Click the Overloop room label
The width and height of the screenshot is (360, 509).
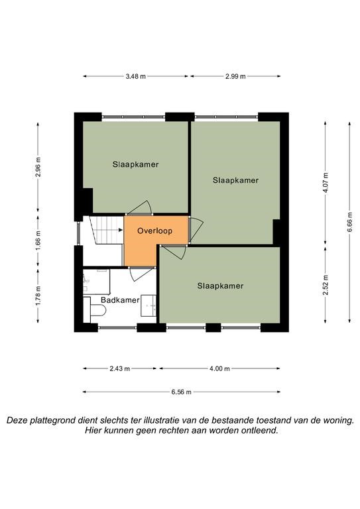click(154, 231)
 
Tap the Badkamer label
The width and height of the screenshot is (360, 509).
click(120, 300)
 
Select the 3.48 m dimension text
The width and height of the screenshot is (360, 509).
click(136, 76)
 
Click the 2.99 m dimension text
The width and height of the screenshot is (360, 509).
click(235, 76)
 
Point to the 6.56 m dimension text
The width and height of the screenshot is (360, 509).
click(182, 392)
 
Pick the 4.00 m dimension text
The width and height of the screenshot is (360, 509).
click(219, 368)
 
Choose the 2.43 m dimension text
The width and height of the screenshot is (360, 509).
click(120, 368)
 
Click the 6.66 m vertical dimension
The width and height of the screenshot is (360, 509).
click(349, 222)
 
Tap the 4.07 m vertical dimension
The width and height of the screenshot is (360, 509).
click(326, 184)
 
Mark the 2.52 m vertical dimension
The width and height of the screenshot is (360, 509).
click(326, 285)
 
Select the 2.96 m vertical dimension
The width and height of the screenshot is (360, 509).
click(38, 167)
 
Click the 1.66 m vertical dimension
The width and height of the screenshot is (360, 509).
click(38, 240)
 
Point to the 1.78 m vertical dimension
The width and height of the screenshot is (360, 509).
click(38, 295)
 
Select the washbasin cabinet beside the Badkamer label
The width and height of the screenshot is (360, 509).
click(149, 306)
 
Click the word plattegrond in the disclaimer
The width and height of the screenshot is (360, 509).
click(52, 421)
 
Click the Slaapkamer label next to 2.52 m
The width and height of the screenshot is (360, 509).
click(220, 286)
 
